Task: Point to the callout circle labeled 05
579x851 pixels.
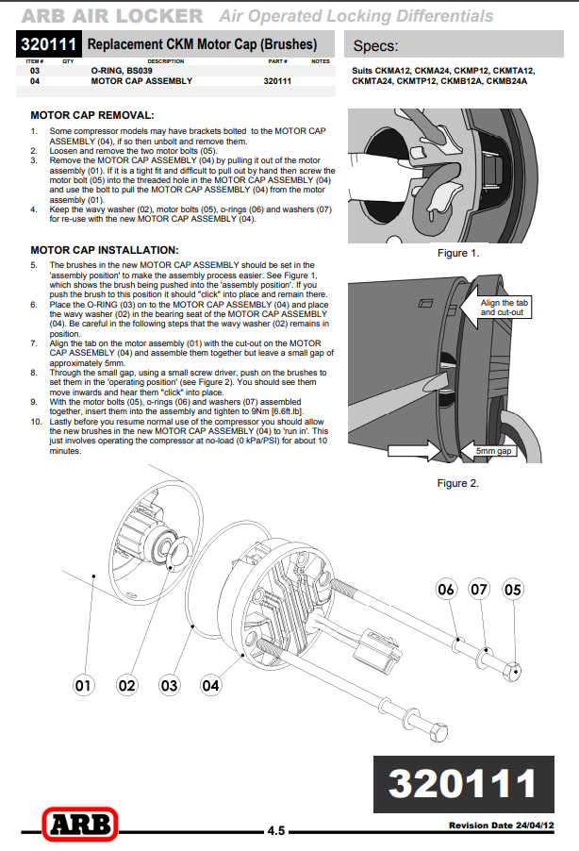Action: [513, 590]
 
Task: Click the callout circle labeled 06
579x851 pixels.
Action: [446, 590]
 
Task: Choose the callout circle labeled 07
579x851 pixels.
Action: [479, 590]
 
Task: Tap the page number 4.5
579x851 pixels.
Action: [275, 831]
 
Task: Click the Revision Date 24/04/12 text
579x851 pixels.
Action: [501, 826]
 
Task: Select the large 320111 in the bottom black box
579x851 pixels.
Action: [462, 783]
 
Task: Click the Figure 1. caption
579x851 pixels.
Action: [458, 253]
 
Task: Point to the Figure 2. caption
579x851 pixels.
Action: [458, 483]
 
